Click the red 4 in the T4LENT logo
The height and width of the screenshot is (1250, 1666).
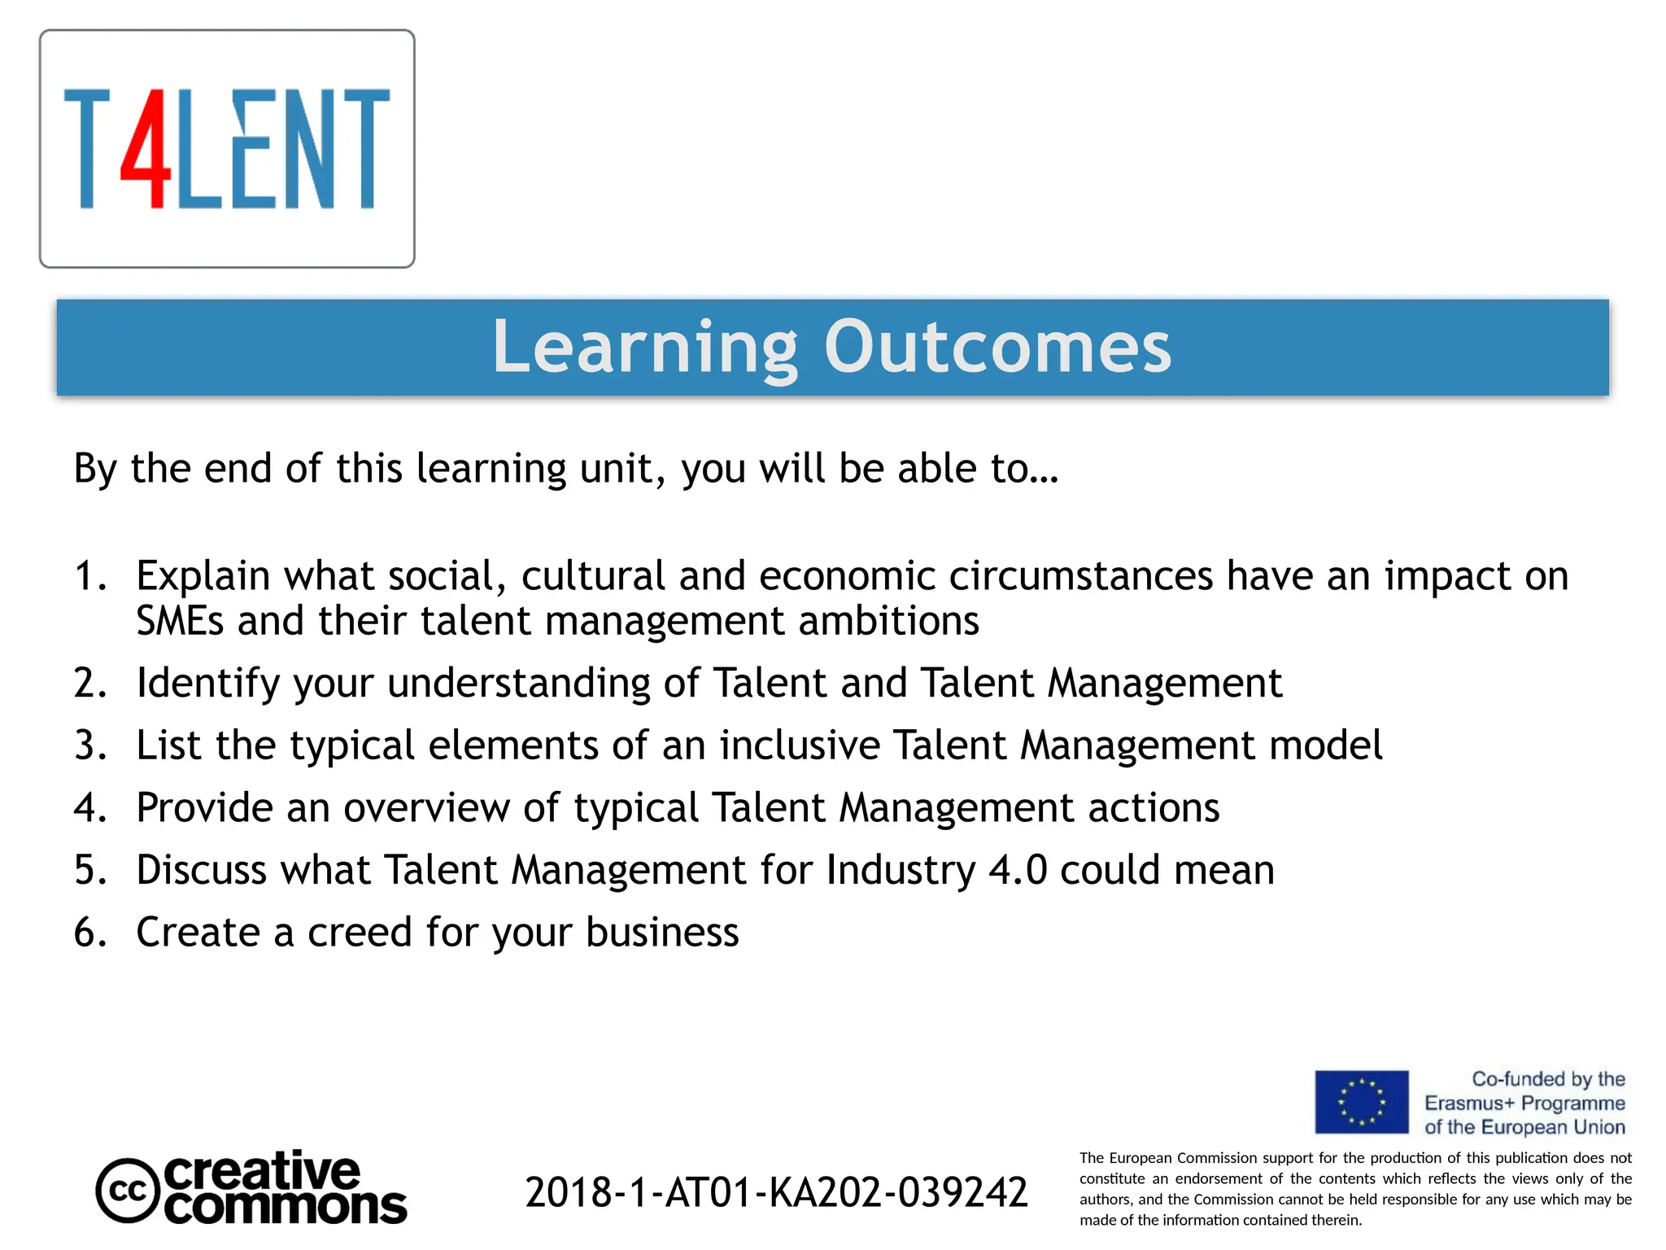pos(146,151)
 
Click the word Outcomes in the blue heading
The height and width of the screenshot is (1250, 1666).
pos(997,347)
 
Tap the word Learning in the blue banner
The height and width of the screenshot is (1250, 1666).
pos(645,347)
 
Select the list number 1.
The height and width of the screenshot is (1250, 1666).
pos(89,576)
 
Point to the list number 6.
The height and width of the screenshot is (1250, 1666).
pos(89,933)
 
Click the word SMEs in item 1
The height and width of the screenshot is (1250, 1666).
pos(179,621)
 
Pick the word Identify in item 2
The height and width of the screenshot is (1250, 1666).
pos(207,683)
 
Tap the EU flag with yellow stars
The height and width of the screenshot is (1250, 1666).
pos(1361,1102)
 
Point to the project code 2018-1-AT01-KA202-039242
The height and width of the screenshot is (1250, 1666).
pos(776,1193)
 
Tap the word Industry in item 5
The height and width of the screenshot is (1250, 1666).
pos(901,870)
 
